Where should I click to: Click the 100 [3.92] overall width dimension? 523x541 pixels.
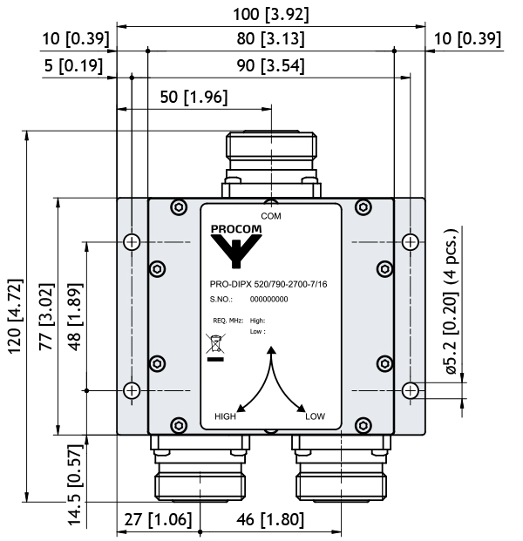(x=270, y=15)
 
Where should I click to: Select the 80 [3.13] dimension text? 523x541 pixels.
(x=270, y=38)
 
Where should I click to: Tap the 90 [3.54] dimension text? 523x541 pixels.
(x=270, y=65)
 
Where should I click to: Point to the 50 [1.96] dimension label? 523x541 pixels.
(x=194, y=97)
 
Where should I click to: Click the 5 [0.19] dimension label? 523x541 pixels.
(x=73, y=65)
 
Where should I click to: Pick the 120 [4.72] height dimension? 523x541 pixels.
(x=16, y=316)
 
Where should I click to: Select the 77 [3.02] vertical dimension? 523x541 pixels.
(x=46, y=317)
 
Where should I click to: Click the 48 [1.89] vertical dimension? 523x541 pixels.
(x=75, y=317)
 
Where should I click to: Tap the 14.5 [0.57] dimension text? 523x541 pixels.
(x=75, y=485)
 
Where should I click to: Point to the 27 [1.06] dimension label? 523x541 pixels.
(x=158, y=519)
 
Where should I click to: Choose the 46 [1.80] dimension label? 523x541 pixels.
(x=270, y=519)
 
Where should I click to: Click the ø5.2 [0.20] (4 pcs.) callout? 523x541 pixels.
(x=452, y=301)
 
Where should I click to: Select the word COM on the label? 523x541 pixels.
(x=271, y=216)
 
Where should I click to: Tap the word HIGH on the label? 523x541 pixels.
(x=226, y=416)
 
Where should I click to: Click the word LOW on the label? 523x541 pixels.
(x=316, y=416)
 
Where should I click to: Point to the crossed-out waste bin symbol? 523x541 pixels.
(x=215, y=343)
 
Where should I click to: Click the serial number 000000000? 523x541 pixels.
(x=269, y=299)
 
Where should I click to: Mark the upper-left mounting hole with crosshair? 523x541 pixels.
(x=132, y=241)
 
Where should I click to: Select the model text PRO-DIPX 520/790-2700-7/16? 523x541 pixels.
(x=268, y=284)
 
